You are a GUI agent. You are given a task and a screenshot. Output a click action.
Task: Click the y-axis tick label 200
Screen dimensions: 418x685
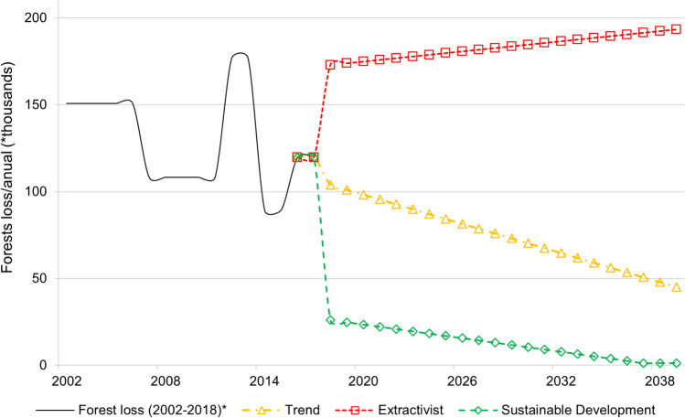tap(42, 18)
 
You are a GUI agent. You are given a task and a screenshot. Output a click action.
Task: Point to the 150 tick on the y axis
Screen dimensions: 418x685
tap(42, 105)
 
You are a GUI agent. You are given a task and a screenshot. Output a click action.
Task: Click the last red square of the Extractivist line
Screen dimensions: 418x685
tap(676, 29)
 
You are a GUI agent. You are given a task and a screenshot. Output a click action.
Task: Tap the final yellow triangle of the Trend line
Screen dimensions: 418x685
tap(676, 287)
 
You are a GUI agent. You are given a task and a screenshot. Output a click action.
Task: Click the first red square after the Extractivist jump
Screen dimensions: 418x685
tap(330, 65)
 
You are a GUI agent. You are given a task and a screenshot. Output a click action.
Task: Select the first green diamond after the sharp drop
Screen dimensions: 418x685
tap(330, 320)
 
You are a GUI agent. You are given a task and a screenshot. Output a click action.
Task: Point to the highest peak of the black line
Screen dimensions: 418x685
tap(241, 53)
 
